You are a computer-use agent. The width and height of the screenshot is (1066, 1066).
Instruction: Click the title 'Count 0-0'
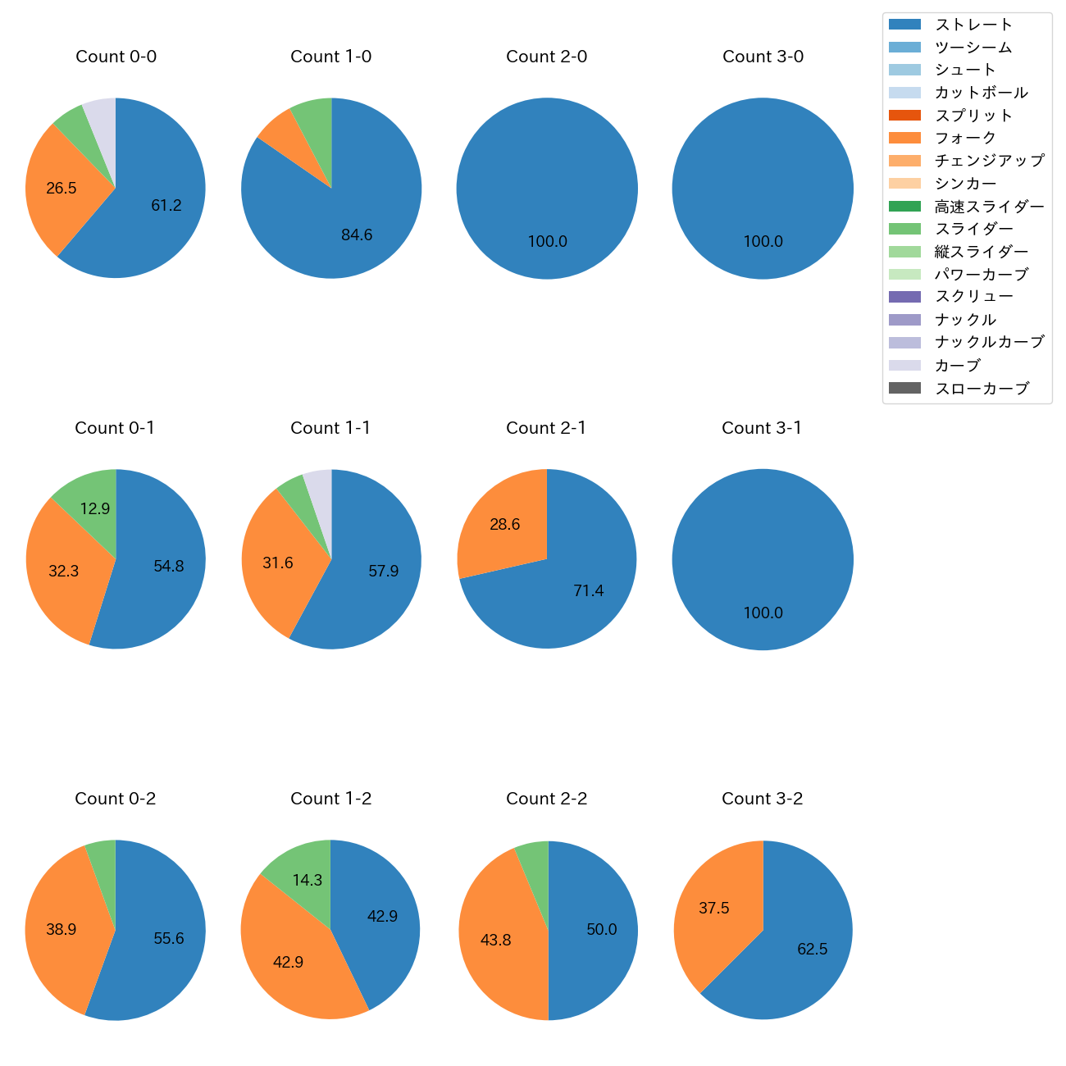point(116,57)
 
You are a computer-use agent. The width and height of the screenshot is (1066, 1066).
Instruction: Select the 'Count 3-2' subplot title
point(762,799)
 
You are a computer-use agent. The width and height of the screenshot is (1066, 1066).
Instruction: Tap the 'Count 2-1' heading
point(546,428)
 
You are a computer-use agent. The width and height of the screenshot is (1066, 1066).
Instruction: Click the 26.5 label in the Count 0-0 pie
point(61,189)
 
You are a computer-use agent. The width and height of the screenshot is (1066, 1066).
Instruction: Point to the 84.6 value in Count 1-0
point(357,235)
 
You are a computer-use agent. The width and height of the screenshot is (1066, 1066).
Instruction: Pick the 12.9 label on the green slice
point(95,509)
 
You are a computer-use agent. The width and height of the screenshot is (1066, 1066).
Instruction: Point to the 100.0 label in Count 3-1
point(763,613)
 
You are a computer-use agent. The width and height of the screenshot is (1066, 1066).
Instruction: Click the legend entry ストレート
point(973,25)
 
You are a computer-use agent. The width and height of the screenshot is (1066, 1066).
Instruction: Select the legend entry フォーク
point(965,138)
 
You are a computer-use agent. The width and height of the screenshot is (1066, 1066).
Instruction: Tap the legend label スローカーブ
point(982,389)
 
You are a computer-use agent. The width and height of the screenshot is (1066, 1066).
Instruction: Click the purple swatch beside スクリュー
point(904,297)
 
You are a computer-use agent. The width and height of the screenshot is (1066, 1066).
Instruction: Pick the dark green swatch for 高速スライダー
point(904,206)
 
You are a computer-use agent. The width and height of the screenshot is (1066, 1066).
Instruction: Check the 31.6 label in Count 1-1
point(278,563)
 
